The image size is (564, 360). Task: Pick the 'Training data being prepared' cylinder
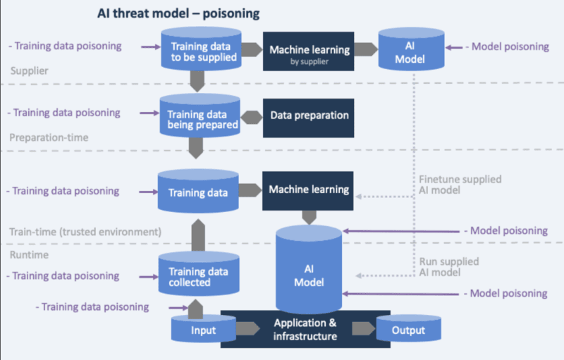[x=199, y=117]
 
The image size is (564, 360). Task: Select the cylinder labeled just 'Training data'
[x=199, y=191]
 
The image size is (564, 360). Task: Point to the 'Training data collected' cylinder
[x=199, y=275]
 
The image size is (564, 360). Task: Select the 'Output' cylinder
[x=408, y=330]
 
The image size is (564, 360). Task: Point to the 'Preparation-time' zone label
[x=49, y=137]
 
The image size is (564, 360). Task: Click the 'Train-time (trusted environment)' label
[x=85, y=231]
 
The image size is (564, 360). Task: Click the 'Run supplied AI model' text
[x=448, y=267]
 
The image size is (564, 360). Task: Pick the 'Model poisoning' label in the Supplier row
[x=507, y=46]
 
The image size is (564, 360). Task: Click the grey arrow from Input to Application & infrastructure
[x=245, y=330]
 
